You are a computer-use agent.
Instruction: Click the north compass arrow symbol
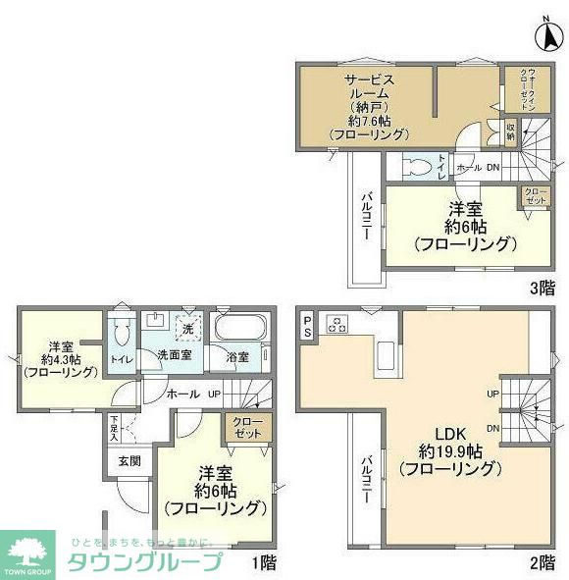tap(545, 34)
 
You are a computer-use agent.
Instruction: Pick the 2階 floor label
tap(543, 562)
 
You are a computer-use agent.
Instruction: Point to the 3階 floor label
tap(543, 288)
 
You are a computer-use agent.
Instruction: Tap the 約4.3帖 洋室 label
tap(60, 359)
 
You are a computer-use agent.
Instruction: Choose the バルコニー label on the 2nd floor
tap(366, 481)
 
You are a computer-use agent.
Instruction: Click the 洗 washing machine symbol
tap(185, 329)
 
